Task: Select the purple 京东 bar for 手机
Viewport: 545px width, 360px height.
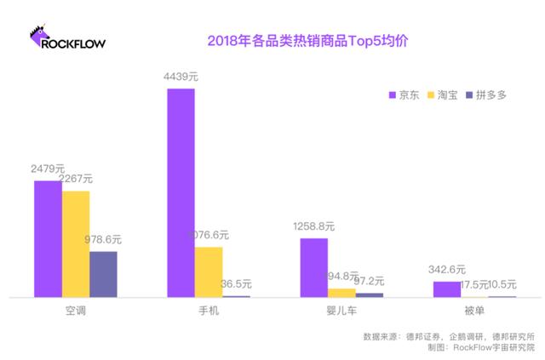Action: [x=181, y=192]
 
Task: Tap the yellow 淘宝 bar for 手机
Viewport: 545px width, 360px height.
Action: [x=209, y=271]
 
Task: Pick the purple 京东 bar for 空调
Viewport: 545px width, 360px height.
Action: [x=48, y=238]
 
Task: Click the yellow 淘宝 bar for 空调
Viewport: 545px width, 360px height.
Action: [x=76, y=243]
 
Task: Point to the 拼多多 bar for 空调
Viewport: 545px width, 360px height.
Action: [x=103, y=273]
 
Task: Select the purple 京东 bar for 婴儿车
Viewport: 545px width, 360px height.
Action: [x=314, y=267]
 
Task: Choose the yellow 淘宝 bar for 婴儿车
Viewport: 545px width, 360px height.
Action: [x=341, y=292]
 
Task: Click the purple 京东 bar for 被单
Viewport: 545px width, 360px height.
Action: [x=447, y=289]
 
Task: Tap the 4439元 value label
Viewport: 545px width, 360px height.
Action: [x=181, y=77]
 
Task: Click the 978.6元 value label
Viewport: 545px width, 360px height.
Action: [x=103, y=240]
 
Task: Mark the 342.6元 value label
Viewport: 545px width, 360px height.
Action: [x=447, y=270]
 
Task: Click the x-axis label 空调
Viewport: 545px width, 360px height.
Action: [x=76, y=311]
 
